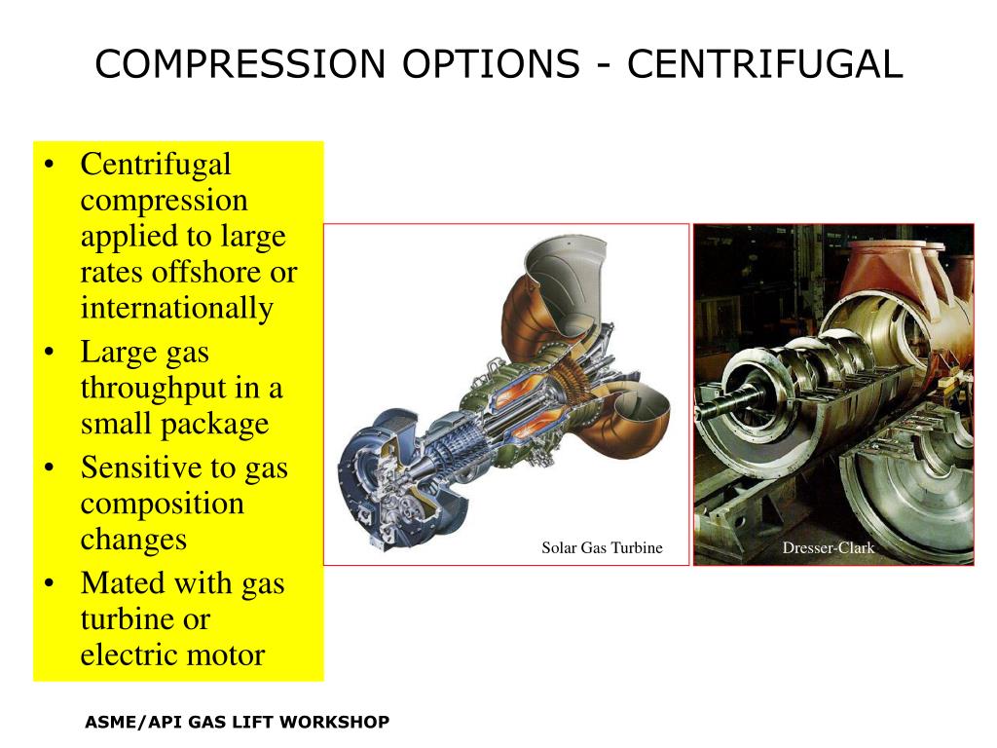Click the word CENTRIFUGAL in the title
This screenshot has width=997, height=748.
point(765,65)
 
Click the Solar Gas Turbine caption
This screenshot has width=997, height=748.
point(602,548)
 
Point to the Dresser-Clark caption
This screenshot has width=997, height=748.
point(829,548)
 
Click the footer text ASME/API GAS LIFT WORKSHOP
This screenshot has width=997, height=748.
point(237,722)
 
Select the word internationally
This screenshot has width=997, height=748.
point(176,309)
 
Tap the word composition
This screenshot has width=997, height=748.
point(162,504)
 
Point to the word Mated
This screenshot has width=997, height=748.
point(122,582)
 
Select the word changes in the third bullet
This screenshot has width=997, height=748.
point(132,539)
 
